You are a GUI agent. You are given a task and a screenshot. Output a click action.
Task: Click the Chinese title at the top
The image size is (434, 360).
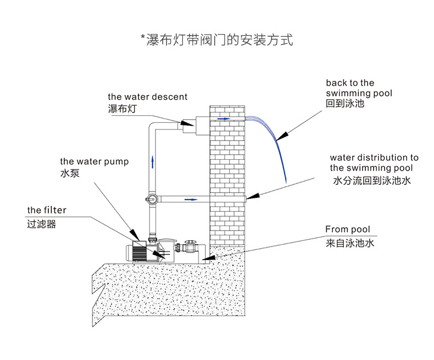[x=216, y=40]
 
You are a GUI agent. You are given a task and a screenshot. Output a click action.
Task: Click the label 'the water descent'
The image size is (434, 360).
[x=147, y=97]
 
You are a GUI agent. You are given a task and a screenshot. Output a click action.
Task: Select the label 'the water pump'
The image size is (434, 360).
[x=94, y=161]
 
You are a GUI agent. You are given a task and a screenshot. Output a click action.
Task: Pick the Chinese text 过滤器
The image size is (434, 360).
[x=41, y=224]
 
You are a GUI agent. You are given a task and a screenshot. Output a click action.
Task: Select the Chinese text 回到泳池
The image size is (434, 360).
[x=345, y=103]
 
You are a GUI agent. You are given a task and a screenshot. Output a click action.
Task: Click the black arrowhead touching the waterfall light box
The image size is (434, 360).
[x=189, y=124]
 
